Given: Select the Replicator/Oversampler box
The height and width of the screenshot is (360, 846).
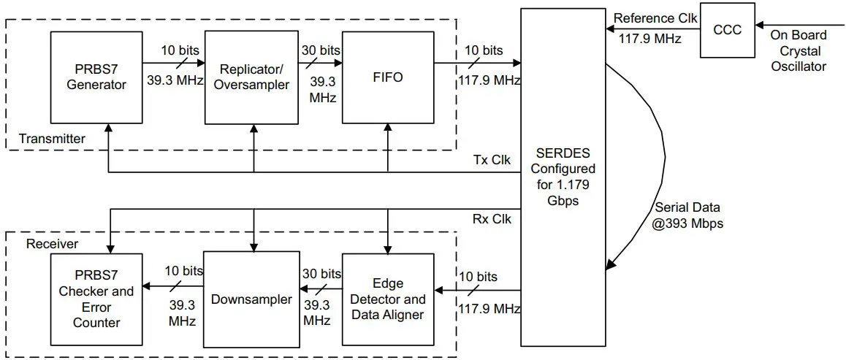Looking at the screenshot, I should pyautogui.click(x=252, y=77).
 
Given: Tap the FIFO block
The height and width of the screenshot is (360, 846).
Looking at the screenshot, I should pyautogui.click(x=386, y=77).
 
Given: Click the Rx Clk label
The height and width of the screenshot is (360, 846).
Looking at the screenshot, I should pyautogui.click(x=493, y=218).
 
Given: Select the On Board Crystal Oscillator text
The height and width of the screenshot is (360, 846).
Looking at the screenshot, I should pyautogui.click(x=799, y=50).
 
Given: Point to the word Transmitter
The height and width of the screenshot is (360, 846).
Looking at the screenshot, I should pyautogui.click(x=52, y=139).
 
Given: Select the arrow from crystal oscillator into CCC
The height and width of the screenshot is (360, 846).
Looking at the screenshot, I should pyautogui.click(x=796, y=29).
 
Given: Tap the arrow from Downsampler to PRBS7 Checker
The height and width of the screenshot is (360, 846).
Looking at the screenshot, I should pyautogui.click(x=173, y=286).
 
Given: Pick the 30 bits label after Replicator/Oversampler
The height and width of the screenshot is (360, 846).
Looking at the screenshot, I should pyautogui.click(x=319, y=50).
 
